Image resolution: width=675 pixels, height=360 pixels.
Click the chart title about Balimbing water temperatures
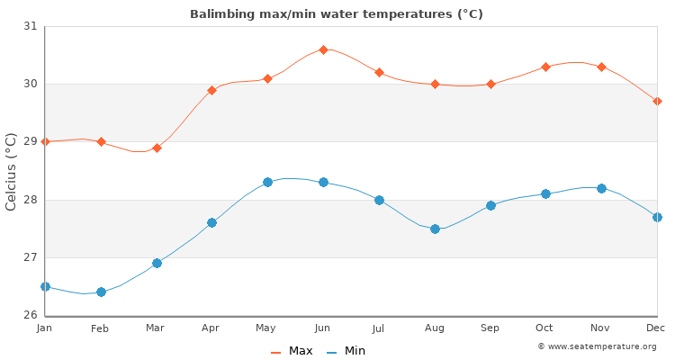336,14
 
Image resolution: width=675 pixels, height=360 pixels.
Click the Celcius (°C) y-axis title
12,171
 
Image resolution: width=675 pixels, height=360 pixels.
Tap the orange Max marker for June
323,49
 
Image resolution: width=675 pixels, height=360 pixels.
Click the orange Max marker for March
157,148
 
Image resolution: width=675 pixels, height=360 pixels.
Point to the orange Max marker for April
211,90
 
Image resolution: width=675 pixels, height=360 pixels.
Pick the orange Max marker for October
545,67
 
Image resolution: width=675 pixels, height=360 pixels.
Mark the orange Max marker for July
379,72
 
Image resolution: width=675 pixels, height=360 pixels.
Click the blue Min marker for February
101,292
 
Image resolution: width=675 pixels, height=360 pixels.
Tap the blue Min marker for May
267,182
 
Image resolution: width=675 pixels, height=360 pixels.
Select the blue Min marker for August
435,229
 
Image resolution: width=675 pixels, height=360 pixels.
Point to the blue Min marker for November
601,188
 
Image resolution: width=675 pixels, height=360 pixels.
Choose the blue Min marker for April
211,222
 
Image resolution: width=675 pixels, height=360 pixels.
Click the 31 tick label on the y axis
31,27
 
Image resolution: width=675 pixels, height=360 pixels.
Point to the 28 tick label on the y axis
31,200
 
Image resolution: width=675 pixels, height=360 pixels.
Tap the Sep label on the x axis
490,328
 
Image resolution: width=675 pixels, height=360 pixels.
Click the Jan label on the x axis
45,328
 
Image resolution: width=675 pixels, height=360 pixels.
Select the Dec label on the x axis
657,328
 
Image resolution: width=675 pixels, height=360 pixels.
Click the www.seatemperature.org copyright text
597,346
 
